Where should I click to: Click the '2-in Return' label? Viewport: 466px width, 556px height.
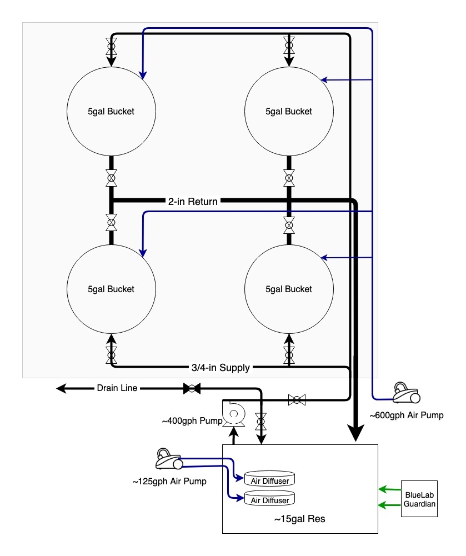(x=193, y=202)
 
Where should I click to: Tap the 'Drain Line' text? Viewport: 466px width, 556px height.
(x=117, y=388)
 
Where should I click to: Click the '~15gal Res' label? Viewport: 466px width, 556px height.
(x=299, y=519)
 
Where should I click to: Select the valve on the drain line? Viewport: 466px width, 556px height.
(x=192, y=388)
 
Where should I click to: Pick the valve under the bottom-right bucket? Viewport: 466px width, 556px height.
(x=289, y=354)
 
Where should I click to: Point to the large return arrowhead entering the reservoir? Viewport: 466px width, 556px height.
(x=355, y=434)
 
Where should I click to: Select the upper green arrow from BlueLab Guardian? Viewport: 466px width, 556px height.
(x=384, y=489)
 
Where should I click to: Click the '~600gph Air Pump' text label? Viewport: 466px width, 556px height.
(x=407, y=415)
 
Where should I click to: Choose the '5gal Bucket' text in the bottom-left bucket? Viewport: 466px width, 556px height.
(x=111, y=289)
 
